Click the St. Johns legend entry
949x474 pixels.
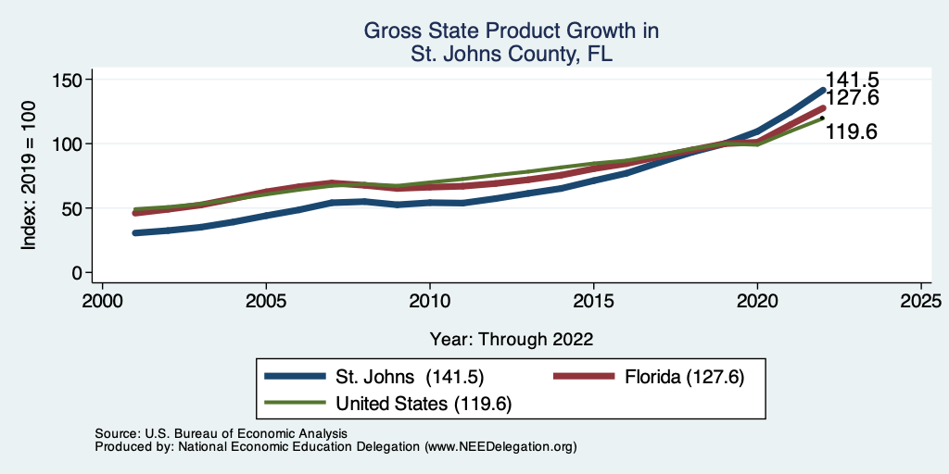pos(409,377)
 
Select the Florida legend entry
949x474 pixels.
pos(682,377)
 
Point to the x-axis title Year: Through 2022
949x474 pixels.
pos(512,339)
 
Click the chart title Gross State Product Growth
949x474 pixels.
pos(512,31)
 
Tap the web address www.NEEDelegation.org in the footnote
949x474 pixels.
pos(501,446)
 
